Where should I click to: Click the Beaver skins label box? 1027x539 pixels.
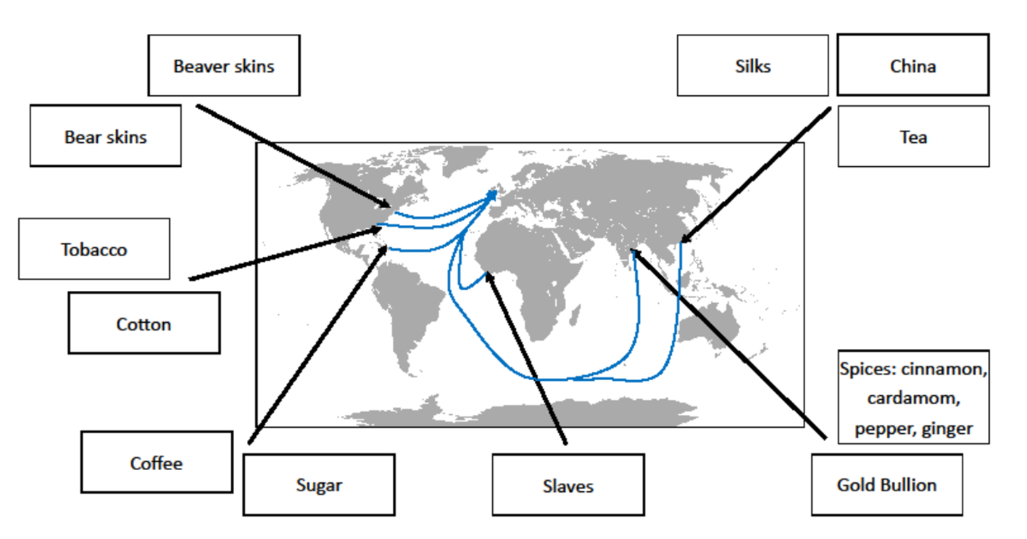(223, 66)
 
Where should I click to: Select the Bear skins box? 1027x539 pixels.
(105, 136)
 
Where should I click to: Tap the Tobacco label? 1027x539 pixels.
(93, 249)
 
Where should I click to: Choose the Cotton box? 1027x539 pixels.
(144, 324)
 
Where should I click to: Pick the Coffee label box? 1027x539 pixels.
(156, 463)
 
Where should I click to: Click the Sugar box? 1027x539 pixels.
(318, 485)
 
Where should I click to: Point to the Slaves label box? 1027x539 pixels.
(567, 485)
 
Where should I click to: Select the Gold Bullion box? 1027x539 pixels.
(886, 485)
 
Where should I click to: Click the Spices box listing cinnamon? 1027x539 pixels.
(913, 398)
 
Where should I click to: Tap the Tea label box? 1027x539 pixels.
(913, 136)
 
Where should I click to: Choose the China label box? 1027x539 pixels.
(912, 66)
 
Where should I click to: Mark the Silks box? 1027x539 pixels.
(752, 66)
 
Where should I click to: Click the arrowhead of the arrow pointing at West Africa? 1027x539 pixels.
(488, 275)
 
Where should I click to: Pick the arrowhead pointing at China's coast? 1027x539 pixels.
(683, 239)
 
